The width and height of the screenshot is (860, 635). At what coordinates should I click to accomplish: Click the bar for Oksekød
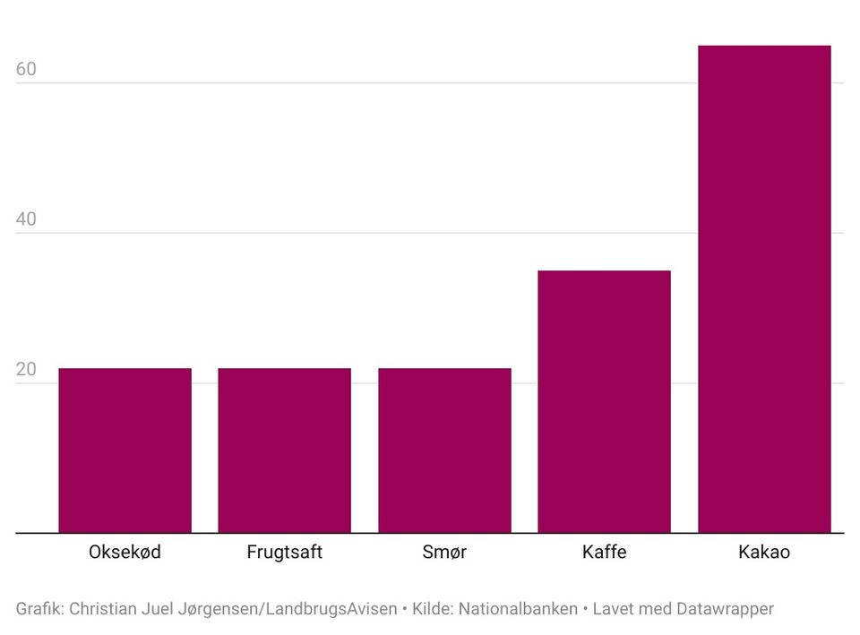click(125, 451)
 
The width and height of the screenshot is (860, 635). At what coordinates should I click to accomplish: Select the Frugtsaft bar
click(284, 451)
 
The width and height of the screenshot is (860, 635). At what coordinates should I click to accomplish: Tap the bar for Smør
click(444, 451)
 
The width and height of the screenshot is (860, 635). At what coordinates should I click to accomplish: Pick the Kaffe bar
click(604, 401)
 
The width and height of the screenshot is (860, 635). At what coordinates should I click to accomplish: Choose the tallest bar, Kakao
click(764, 289)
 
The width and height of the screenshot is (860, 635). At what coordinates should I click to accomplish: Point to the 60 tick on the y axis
click(26, 69)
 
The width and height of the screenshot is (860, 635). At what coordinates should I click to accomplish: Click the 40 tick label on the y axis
click(26, 219)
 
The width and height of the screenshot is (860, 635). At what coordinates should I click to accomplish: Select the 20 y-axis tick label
click(26, 370)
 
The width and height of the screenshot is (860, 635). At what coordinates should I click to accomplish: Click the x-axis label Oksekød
click(125, 553)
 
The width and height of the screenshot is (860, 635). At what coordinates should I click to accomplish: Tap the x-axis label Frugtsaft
click(284, 553)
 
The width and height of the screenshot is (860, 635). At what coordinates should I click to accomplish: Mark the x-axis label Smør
click(444, 553)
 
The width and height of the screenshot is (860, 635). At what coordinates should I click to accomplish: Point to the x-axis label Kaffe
click(604, 553)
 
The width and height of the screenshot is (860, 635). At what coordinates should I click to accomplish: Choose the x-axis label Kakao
click(764, 553)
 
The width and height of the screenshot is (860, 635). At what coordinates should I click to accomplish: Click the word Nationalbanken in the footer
click(518, 609)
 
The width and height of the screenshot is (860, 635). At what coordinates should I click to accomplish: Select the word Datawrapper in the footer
click(725, 609)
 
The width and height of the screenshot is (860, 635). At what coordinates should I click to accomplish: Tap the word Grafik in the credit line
click(39, 609)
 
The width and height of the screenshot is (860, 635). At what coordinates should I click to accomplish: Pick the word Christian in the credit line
click(103, 609)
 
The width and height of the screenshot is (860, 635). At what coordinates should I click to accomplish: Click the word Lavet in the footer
click(615, 609)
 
